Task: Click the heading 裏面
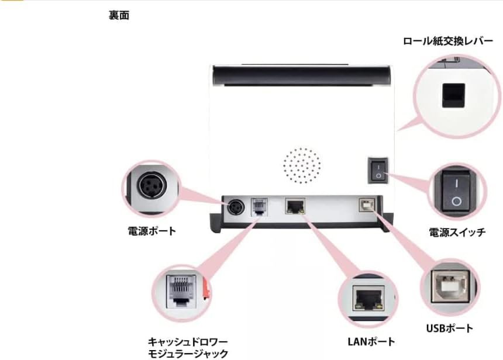point(119,16)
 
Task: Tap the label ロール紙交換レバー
point(447,42)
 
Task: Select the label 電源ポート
point(151,231)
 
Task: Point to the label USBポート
point(449,329)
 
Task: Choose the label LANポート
point(367,342)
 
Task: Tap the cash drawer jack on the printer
point(258,207)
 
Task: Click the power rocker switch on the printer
point(378,169)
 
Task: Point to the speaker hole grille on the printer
point(302,165)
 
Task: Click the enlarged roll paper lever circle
point(453,96)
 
